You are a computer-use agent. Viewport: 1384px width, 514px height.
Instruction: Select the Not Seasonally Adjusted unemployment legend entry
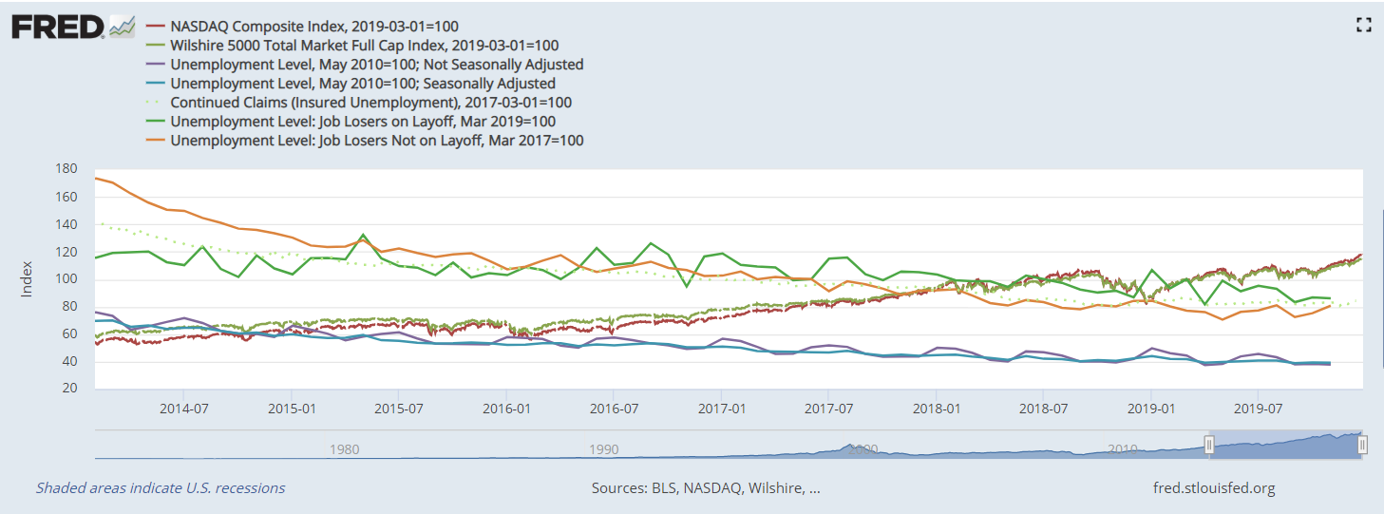tap(376, 65)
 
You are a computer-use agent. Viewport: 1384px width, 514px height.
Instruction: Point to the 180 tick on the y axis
tap(66, 170)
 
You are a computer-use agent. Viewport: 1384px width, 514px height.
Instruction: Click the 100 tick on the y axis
tap(66, 279)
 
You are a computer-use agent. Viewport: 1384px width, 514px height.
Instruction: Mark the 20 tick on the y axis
tap(69, 389)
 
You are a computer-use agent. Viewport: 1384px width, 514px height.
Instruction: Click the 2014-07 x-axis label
tap(184, 409)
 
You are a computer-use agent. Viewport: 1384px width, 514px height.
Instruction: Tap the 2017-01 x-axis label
tap(722, 409)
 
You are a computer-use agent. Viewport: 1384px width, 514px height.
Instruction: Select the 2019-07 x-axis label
tap(1258, 409)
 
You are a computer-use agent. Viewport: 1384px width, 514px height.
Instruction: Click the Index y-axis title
tap(28, 279)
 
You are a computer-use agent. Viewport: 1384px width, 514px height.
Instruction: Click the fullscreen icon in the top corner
tap(1364, 26)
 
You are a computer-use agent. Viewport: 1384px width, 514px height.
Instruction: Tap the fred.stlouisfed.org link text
tap(1213, 488)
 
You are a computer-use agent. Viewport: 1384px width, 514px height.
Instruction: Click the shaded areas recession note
tap(161, 488)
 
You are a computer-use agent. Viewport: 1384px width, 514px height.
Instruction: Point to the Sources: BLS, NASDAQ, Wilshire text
tap(706, 488)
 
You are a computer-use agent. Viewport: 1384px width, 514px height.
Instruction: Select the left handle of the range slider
tap(1209, 445)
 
